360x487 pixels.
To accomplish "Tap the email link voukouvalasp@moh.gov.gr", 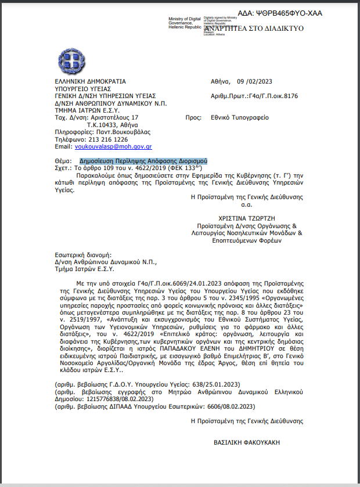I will pyautogui.click(x=113, y=147).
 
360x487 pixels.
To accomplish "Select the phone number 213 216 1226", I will pyautogui.click(x=107, y=139).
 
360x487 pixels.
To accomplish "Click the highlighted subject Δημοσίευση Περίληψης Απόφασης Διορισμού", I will pyautogui.click(x=143, y=161).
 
